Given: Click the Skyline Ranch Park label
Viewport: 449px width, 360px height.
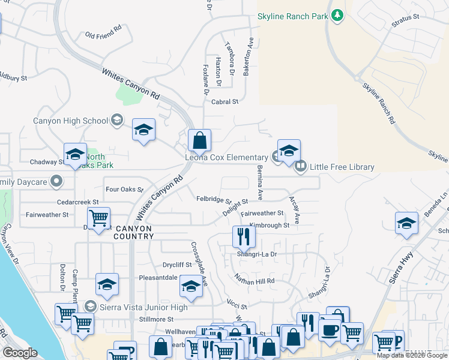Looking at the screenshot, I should [293, 17].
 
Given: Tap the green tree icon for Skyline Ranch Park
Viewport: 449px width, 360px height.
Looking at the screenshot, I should [337, 16].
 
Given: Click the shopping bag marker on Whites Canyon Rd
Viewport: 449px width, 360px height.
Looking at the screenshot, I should [199, 141].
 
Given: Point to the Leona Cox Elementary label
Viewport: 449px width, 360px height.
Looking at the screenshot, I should [226, 157].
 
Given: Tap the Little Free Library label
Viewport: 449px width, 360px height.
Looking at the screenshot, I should [342, 167].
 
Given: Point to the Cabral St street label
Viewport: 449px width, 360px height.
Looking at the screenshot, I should [225, 102].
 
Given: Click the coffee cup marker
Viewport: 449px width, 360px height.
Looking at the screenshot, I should [330, 329].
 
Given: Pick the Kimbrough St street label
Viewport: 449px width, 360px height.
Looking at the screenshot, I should [270, 225].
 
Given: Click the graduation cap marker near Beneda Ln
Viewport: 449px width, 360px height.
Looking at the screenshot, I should [406, 223].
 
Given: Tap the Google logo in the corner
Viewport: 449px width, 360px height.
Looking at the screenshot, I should [20, 353].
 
